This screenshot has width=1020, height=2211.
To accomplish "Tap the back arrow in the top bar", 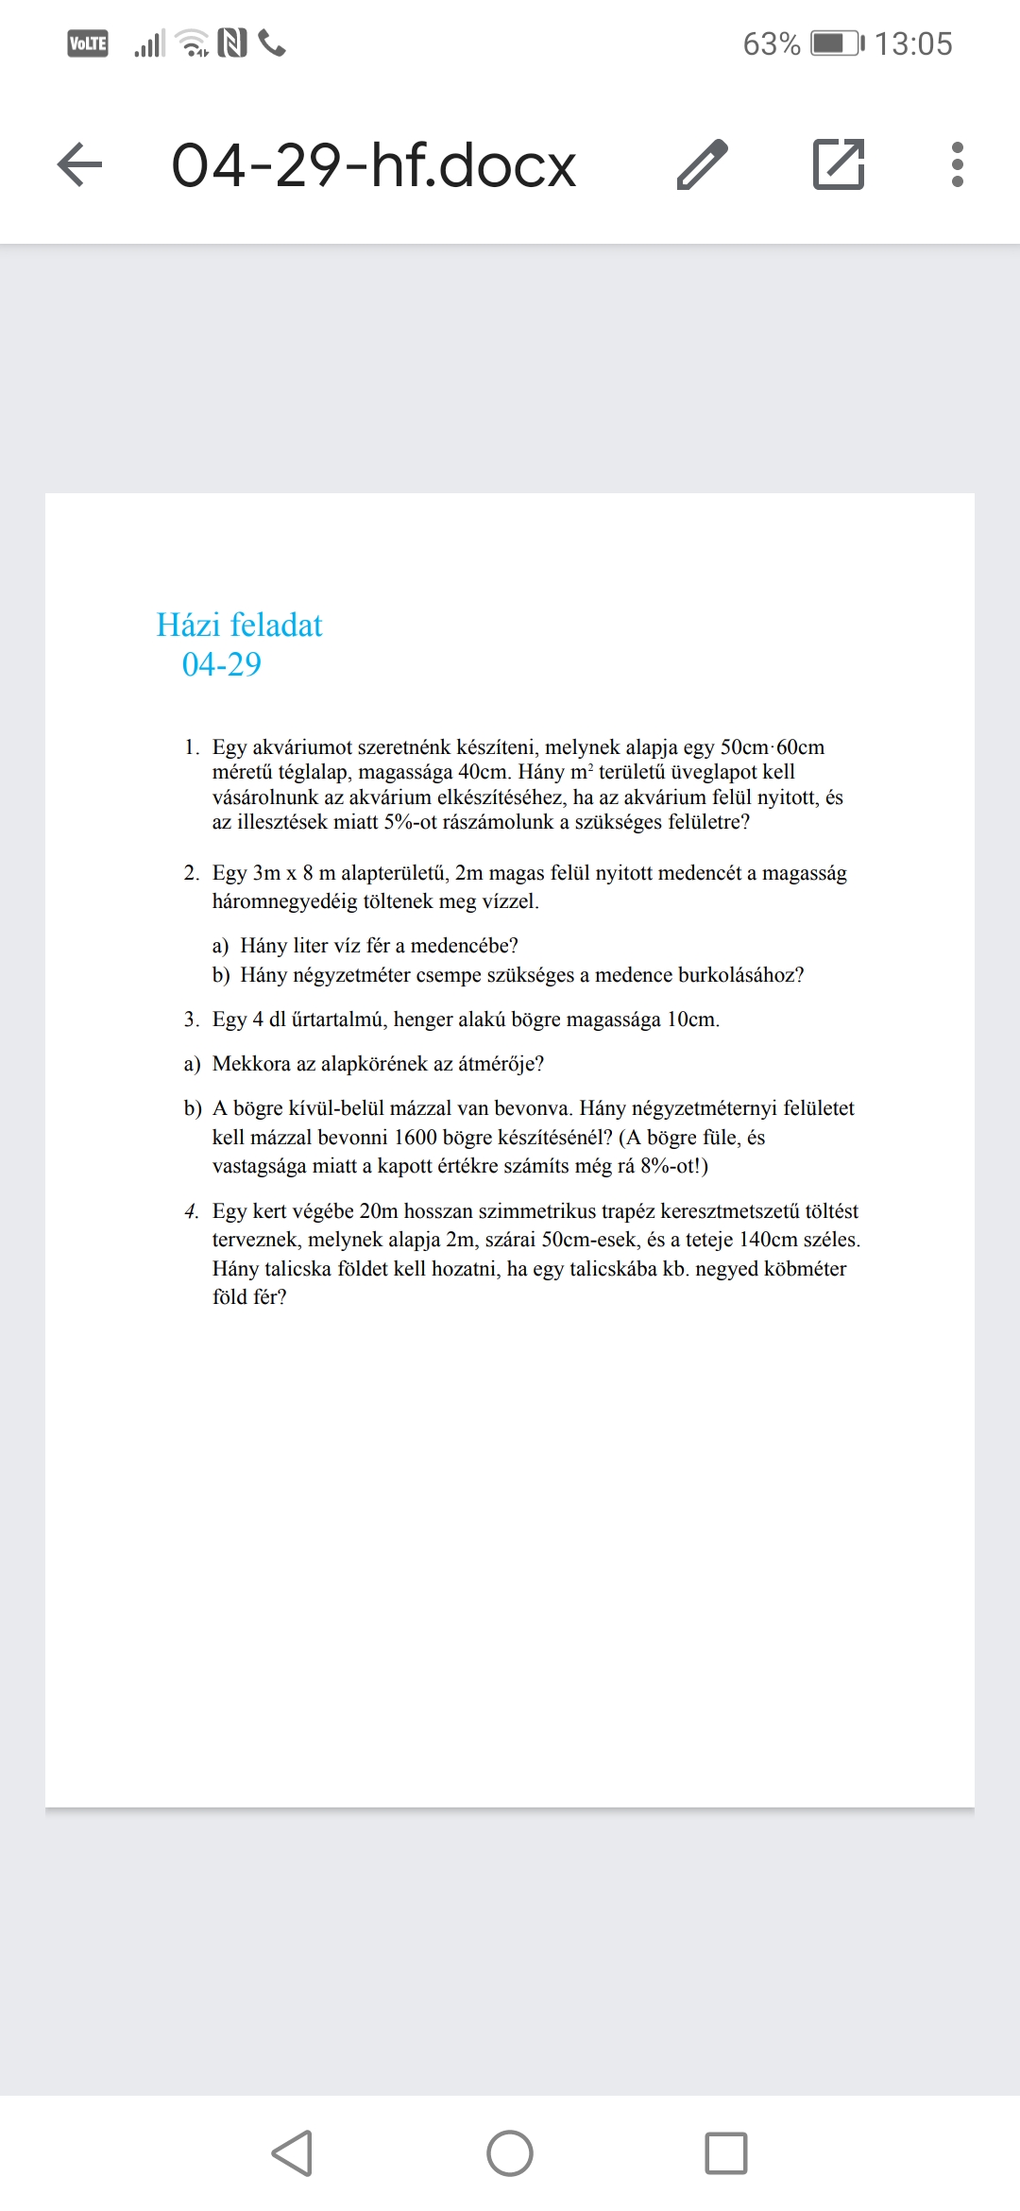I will tap(80, 164).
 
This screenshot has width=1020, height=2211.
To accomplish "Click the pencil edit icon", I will tap(703, 164).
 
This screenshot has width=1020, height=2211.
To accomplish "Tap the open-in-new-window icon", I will tap(839, 164).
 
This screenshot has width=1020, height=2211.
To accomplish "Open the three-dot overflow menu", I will tap(958, 164).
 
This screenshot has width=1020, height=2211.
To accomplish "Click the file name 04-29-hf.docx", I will tap(373, 165).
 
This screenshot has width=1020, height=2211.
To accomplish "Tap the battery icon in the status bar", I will tap(837, 43).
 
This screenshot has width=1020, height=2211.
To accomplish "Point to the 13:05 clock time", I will tap(912, 43).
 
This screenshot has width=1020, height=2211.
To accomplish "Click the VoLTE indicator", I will tap(88, 43).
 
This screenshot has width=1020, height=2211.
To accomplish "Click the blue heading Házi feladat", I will tap(239, 626).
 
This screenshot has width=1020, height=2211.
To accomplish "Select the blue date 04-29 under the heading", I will tap(221, 665).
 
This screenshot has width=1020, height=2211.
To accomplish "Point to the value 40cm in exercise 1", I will tap(483, 772).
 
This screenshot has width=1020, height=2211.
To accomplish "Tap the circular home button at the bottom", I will tap(510, 2153).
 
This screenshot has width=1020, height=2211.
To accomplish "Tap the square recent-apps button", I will tap(726, 2153).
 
